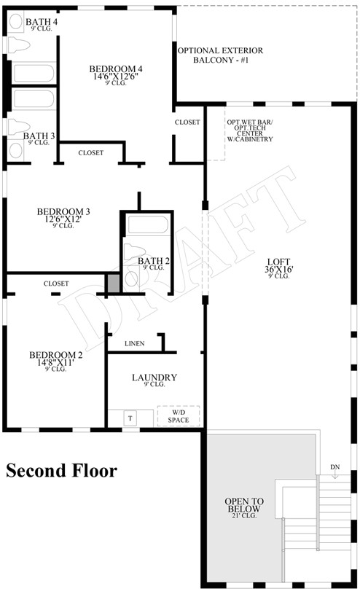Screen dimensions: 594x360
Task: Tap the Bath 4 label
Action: [42, 22]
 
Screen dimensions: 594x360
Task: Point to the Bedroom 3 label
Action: [63, 212]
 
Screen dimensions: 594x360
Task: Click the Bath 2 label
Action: [153, 261]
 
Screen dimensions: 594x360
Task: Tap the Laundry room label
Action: [154, 378]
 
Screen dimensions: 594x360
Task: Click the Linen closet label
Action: [134, 343]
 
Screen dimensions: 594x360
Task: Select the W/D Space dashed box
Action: [179, 415]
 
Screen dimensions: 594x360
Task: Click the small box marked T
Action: [131, 418]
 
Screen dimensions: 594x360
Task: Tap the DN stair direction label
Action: [334, 467]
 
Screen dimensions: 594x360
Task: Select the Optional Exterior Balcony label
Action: [220, 55]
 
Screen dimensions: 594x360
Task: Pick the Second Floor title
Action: [61, 471]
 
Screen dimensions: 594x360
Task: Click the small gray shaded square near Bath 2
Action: [114, 284]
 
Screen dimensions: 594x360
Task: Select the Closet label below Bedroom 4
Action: [90, 153]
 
